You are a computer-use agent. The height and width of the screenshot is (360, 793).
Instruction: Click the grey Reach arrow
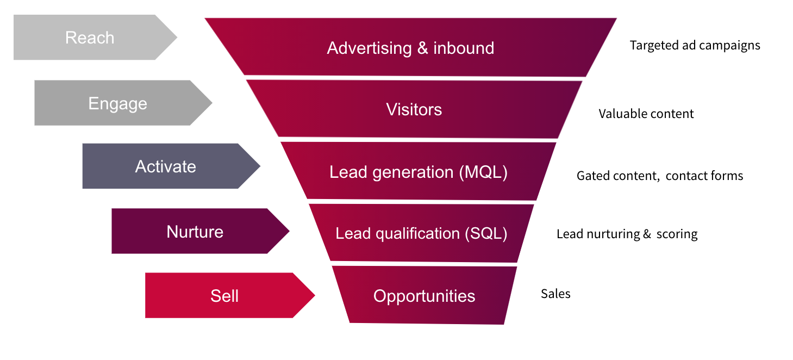tap(90, 38)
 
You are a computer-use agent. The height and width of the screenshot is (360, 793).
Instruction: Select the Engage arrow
tap(118, 103)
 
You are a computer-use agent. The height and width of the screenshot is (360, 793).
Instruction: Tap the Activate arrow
tap(166, 166)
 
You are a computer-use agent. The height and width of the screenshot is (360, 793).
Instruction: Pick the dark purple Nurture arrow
tap(195, 232)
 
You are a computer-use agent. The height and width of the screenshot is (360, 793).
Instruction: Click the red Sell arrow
tap(224, 296)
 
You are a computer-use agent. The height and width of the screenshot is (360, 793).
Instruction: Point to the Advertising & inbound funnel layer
tap(410, 48)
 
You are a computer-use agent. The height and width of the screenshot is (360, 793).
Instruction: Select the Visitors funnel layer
tap(414, 109)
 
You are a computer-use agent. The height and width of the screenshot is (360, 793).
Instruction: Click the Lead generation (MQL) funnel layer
tap(418, 172)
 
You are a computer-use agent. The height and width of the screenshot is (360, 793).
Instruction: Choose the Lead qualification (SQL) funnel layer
tap(421, 234)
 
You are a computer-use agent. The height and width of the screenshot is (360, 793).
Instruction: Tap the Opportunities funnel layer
tap(424, 296)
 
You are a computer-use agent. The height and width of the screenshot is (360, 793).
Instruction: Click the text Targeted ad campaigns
tap(695, 45)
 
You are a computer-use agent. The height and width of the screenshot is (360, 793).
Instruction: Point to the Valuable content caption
tap(646, 114)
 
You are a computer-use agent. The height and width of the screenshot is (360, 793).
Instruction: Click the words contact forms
tap(704, 176)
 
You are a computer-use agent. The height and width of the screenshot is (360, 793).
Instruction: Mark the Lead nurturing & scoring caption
tap(627, 234)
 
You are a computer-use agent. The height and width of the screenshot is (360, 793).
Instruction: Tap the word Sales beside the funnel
tap(555, 294)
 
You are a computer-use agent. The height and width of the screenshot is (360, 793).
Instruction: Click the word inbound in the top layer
tap(464, 48)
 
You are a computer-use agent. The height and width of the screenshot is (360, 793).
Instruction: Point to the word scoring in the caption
tap(677, 234)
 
